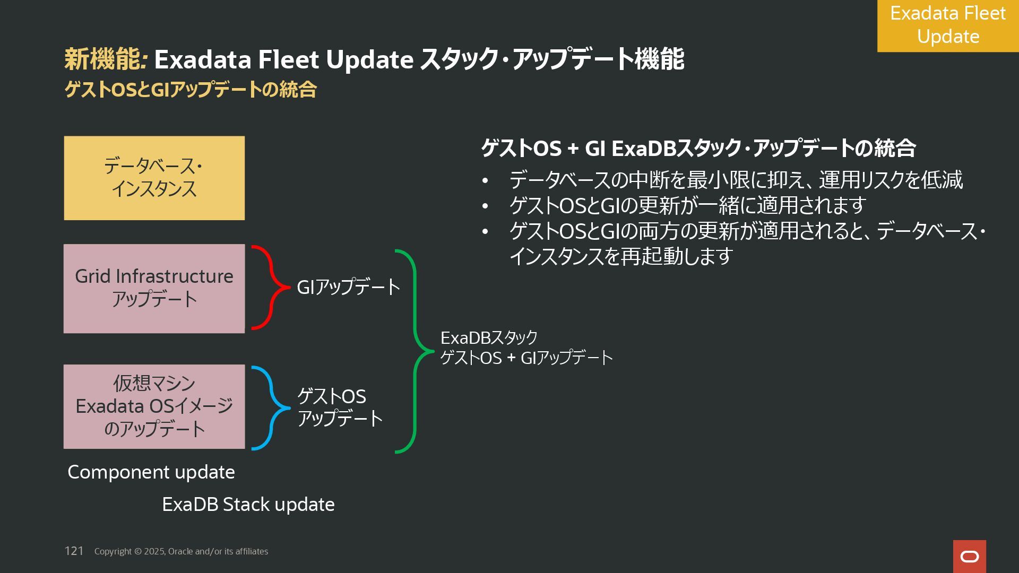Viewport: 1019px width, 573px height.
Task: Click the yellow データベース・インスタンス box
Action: click(x=154, y=178)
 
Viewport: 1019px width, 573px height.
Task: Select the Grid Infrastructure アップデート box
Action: click(x=154, y=288)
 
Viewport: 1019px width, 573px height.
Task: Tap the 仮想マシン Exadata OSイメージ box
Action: click(x=154, y=406)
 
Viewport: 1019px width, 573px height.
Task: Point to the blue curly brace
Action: click(x=271, y=408)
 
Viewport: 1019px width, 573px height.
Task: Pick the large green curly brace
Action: click(x=414, y=351)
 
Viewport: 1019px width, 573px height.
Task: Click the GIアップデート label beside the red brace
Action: click(x=348, y=287)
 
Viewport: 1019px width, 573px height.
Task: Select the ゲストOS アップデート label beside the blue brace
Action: click(x=339, y=407)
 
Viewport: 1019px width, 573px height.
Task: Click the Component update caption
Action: click(x=151, y=472)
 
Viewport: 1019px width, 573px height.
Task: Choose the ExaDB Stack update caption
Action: click(x=248, y=504)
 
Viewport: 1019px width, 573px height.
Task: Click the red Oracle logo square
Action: click(x=969, y=556)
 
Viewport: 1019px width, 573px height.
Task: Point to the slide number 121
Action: click(x=74, y=551)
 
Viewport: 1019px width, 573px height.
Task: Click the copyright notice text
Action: click(x=181, y=551)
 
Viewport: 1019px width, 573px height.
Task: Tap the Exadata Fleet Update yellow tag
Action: click(x=948, y=25)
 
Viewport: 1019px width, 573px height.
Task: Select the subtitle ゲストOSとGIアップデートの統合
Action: click(x=190, y=89)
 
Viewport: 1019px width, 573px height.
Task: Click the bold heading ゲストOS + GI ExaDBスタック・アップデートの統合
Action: click(x=698, y=147)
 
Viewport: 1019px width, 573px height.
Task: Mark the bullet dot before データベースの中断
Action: click(x=485, y=181)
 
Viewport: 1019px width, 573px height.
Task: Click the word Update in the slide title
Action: click(x=369, y=59)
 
